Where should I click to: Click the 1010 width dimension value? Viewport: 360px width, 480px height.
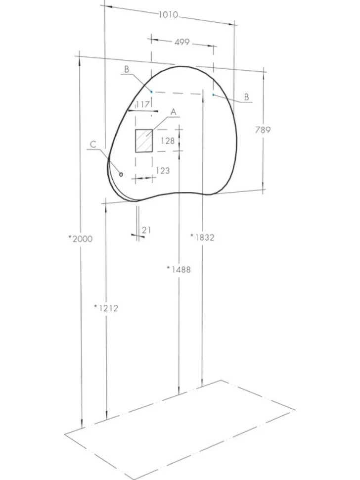[168, 14]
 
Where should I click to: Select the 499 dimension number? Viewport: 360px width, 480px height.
[182, 42]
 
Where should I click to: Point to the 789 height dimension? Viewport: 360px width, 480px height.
[263, 130]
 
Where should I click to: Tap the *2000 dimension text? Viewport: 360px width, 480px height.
[80, 239]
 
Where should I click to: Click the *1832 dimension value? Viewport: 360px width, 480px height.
[202, 237]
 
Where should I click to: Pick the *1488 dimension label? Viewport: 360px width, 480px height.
[179, 269]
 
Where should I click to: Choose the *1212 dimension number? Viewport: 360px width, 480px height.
[106, 308]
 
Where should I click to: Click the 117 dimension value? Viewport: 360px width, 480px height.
[142, 105]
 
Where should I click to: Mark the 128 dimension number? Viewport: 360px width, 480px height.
[168, 141]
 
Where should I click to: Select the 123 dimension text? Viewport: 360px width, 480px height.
[163, 171]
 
